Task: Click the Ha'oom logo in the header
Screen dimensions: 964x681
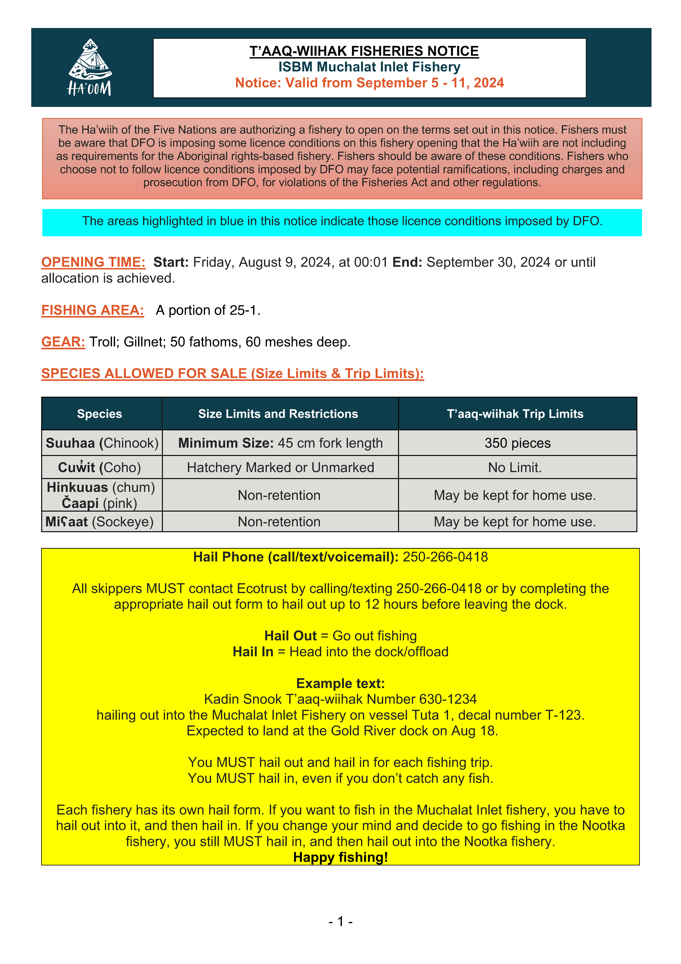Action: point(90,67)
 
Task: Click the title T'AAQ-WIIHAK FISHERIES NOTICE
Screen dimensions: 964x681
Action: point(364,51)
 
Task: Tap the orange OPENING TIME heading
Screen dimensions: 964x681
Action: point(93,262)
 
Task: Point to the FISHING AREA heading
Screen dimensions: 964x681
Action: point(92,310)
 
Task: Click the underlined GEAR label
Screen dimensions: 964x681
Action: point(63,342)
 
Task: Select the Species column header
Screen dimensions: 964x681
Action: point(99,414)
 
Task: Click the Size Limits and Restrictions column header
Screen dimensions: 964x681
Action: point(278,414)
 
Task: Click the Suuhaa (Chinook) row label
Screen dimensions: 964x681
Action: point(102,443)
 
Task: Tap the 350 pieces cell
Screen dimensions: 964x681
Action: point(517,443)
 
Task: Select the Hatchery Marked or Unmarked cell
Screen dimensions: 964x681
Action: point(280,467)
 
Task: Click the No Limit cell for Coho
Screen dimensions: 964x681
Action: point(515,467)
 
